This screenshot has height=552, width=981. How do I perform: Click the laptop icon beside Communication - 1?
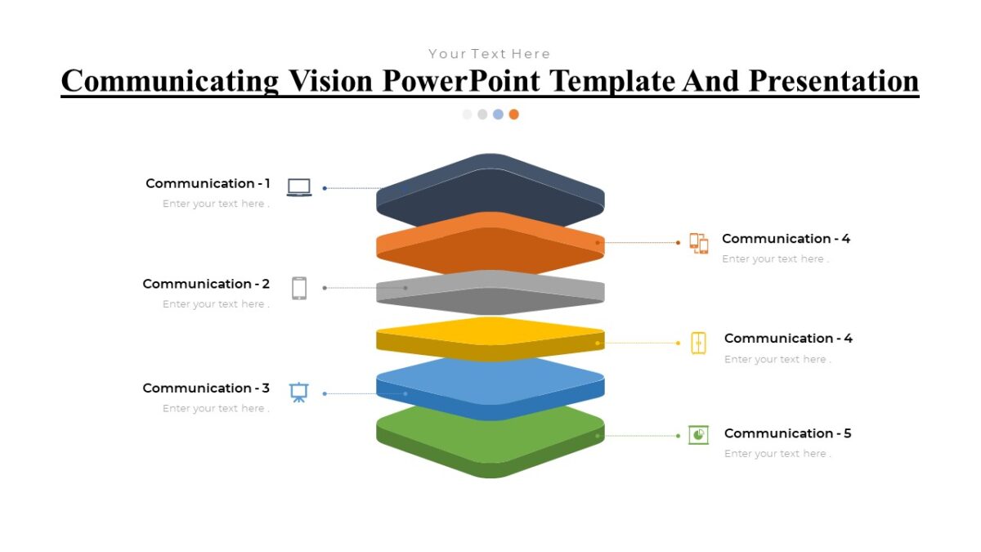299,188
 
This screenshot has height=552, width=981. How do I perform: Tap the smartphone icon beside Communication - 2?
299,288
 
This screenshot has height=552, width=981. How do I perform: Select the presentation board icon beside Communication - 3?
299,393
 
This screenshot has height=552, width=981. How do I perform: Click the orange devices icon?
698,243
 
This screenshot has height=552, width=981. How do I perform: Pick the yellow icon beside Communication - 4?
698,343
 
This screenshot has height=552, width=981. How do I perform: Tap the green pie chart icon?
698,435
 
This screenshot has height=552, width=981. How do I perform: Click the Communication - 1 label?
208,183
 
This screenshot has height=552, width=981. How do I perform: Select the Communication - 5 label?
787,433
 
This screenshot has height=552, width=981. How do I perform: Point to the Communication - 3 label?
206,388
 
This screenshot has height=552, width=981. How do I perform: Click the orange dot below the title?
513,114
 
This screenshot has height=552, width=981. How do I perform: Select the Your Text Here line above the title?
489,54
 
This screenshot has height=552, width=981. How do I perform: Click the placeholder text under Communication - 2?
216,304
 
